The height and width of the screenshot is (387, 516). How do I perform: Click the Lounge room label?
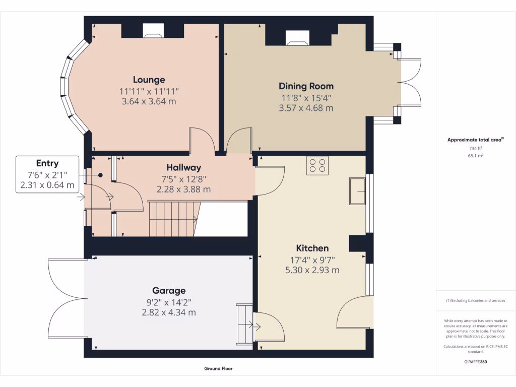pos(149,80)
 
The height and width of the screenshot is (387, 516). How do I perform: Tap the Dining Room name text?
pos(306,86)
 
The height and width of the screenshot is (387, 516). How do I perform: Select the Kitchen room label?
pos(312,248)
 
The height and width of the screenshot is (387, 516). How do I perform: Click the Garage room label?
pos(169,290)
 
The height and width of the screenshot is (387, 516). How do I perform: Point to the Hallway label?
pos(183,167)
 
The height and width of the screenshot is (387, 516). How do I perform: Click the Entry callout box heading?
pos(47,163)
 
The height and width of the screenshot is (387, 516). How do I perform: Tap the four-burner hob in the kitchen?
pos(317,166)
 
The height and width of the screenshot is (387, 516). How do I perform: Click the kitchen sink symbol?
pos(358,191)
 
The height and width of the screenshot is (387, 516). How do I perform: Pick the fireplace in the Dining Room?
pos(297,38)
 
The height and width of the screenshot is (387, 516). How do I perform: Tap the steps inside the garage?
pos(245,325)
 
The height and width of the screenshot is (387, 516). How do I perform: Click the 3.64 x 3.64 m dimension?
pos(149,101)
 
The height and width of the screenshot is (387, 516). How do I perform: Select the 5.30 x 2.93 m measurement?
pos(312,270)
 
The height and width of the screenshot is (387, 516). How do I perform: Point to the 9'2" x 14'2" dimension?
pos(169,302)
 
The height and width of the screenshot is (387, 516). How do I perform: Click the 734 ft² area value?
pos(476,149)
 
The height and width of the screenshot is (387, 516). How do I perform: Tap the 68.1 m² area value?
pos(476,156)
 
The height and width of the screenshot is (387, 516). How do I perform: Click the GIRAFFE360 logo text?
pos(476,362)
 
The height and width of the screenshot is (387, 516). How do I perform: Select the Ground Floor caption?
pos(218,368)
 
